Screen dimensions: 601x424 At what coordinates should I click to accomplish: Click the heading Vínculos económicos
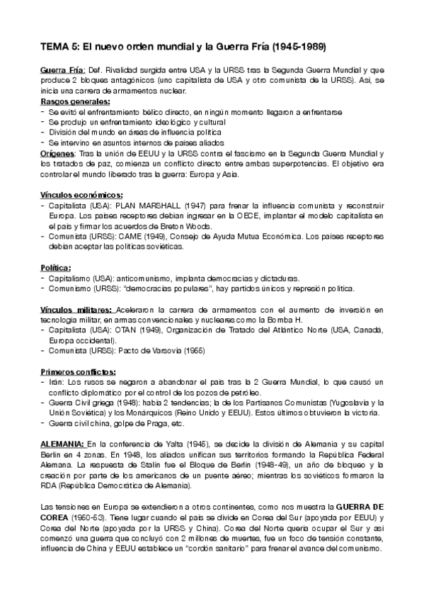tap(82, 194)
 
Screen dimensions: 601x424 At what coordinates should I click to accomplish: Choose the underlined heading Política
tap(55, 267)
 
